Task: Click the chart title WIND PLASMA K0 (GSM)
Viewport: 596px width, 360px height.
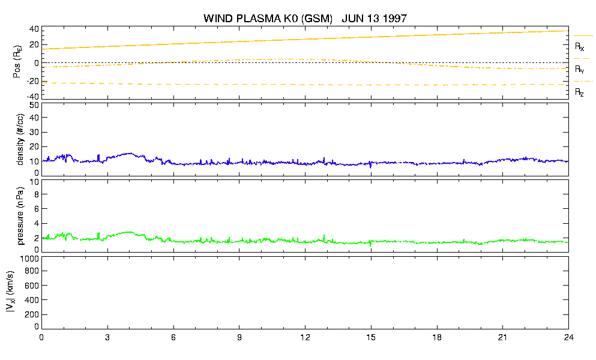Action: pos(268,18)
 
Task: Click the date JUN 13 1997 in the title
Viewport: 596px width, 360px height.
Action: pos(375,18)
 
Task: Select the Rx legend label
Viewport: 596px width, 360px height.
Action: pos(579,47)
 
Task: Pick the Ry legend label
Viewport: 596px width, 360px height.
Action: pos(579,69)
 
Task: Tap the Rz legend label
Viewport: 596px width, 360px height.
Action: pos(579,92)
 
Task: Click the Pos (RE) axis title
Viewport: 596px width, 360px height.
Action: pos(17,62)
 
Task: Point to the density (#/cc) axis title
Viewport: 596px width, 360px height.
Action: pos(20,139)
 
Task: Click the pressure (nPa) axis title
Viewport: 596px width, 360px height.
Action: pos(20,216)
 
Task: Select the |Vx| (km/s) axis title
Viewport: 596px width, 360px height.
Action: pos(10,292)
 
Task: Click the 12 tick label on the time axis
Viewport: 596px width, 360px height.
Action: pos(305,337)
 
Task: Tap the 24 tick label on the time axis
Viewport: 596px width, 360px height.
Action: pos(568,337)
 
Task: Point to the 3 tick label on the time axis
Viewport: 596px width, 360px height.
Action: pos(107,337)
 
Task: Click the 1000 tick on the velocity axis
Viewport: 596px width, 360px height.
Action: pos(29,259)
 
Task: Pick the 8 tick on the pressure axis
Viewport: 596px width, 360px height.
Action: pos(37,194)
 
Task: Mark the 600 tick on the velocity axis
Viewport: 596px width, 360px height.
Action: pos(32,286)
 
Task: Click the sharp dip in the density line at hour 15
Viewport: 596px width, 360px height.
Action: pos(370,166)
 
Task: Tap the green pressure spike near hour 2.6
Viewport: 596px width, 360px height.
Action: pos(98,235)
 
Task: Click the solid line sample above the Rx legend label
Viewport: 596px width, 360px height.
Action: pos(583,36)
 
